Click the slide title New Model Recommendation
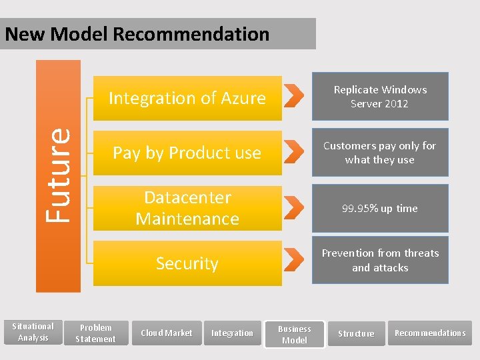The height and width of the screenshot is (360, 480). (137, 34)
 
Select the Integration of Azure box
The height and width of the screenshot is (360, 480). (187, 98)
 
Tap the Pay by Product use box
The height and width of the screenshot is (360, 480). (187, 153)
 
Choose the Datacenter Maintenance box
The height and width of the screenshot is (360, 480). (187, 208)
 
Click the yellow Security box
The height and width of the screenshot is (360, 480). (187, 263)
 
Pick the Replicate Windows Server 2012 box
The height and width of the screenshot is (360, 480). (380, 97)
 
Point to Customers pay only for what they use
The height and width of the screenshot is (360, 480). (380, 153)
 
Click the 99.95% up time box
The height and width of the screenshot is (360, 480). (380, 208)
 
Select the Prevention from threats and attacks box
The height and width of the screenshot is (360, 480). (380, 260)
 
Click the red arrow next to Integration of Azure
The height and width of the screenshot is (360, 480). (294, 96)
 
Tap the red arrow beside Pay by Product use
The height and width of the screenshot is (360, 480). (294, 151)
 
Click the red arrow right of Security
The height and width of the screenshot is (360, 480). (294, 260)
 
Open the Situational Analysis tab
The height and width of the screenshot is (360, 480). (33, 332)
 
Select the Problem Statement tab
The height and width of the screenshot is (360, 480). (96, 333)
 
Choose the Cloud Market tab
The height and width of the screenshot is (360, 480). (166, 333)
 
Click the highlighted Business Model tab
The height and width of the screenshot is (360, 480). (295, 334)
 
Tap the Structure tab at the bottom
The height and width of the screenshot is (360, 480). (356, 333)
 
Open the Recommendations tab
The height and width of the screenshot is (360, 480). (430, 333)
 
